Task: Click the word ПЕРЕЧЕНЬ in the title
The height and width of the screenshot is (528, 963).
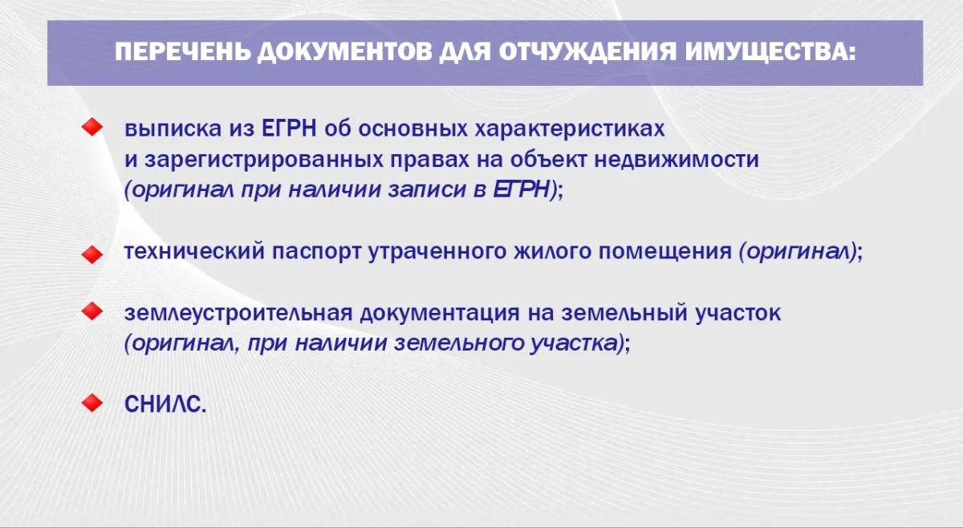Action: [x=183, y=52]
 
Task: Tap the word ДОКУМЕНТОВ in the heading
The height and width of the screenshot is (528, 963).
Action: [x=345, y=53]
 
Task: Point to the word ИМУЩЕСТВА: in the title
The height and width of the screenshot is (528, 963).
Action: [x=770, y=53]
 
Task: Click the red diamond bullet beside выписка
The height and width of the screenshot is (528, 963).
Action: [x=92, y=128]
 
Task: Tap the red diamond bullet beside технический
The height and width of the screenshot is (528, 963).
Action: [x=92, y=254]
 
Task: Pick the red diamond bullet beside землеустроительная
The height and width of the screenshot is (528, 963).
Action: [x=92, y=311]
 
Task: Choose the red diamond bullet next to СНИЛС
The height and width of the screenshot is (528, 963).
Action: [x=92, y=403]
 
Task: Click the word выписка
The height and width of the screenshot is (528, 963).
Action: [x=173, y=128]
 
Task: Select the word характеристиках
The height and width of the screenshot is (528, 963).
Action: [x=570, y=128]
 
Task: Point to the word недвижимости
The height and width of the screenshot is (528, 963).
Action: [x=677, y=159]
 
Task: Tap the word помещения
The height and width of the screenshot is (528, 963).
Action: [x=665, y=251]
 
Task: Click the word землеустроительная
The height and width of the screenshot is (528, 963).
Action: [x=238, y=313]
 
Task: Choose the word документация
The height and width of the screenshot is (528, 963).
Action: [x=440, y=314]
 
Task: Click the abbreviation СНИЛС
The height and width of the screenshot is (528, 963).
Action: [x=165, y=404]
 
